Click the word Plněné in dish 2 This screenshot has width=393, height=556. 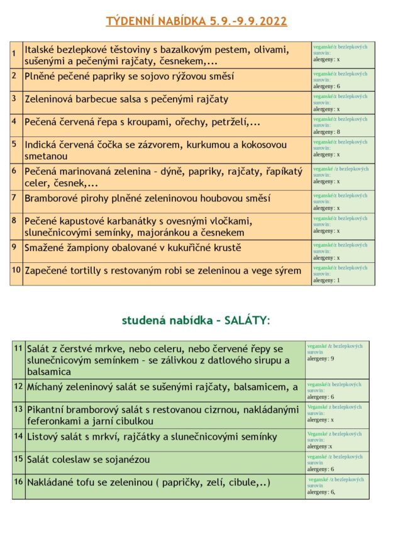[42, 76]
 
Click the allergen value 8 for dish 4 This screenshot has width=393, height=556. [338, 132]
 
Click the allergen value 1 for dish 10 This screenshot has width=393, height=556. [338, 281]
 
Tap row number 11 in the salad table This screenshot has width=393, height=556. [18, 348]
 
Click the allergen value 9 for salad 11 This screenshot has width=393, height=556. [332, 359]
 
